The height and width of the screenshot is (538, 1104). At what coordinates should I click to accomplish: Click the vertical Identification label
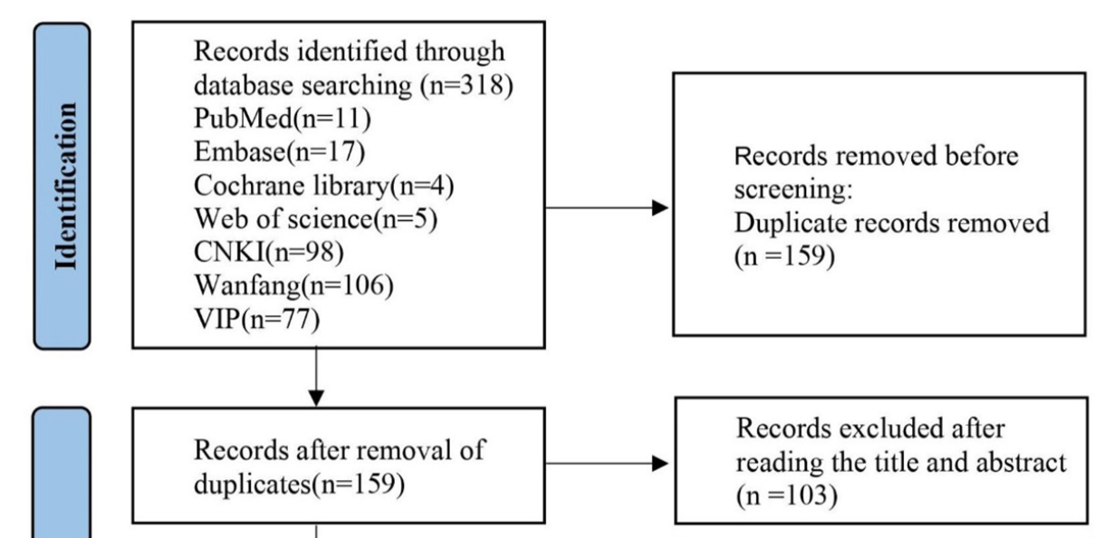pos(62,186)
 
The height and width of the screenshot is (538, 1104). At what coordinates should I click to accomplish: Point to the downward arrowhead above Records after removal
pos(316,397)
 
